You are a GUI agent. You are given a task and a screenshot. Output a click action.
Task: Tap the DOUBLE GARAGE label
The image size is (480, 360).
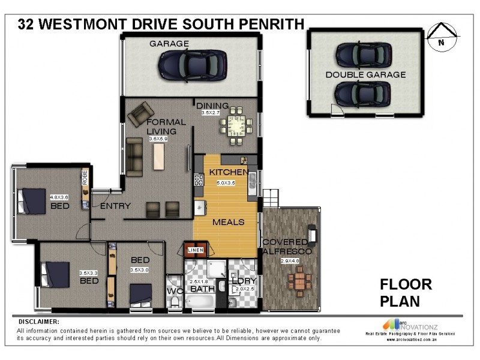(x=365, y=75)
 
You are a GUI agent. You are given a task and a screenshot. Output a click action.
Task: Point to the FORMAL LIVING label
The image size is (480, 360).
(x=166, y=127)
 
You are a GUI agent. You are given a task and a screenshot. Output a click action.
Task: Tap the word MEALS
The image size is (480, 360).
(x=228, y=222)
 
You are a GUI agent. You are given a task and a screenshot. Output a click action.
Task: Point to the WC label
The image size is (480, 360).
(x=173, y=291)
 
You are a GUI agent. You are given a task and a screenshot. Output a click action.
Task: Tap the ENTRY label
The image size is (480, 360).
(x=115, y=206)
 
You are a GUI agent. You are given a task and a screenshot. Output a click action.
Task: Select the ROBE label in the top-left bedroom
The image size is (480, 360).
(x=85, y=178)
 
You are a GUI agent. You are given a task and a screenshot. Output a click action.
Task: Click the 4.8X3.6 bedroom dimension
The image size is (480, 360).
(x=60, y=197)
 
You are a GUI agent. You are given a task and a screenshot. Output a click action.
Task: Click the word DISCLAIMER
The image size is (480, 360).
(x=38, y=322)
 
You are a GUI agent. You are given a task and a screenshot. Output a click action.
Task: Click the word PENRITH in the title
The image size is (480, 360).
(x=272, y=24)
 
